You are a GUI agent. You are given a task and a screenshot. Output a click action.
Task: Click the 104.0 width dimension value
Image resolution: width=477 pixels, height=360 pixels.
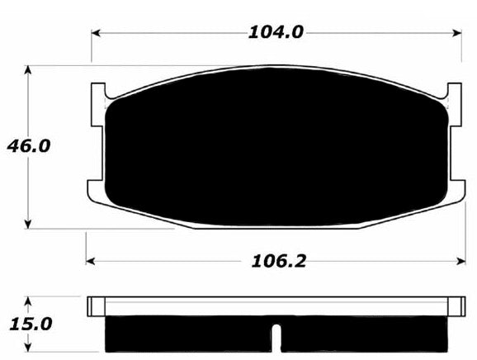tap(276, 32)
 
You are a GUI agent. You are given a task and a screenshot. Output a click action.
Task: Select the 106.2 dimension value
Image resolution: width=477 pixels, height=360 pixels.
tap(278, 261)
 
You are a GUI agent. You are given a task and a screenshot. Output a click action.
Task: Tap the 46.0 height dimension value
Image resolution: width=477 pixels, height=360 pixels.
tap(29, 146)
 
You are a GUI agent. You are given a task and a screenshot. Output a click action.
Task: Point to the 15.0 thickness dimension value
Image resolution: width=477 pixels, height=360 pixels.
tap(31, 324)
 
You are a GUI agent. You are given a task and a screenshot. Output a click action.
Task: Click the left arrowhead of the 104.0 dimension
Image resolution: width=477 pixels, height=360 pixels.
tap(96, 33)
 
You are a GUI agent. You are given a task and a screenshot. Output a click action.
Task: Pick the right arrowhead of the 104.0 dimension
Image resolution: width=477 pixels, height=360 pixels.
tap(457, 33)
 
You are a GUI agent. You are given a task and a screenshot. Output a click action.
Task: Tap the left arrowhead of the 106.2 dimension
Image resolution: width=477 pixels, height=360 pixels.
tap(90, 261)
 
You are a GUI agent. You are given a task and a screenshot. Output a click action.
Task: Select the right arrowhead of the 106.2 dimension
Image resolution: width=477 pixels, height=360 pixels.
tap(461, 261)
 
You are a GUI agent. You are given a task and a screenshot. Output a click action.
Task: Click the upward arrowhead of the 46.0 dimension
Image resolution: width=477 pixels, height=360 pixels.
tap(28, 70)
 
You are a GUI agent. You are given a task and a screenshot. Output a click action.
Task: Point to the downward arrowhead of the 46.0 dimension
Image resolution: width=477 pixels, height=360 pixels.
tap(28, 224)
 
